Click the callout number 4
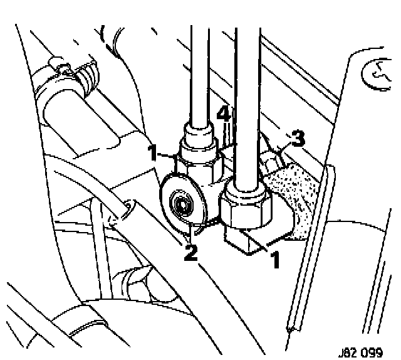point(222,114)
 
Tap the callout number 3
point(299,138)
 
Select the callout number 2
point(190,253)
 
